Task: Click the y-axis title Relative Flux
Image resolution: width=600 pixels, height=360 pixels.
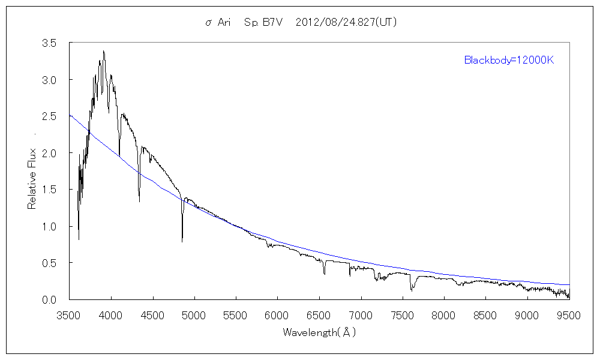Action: pyautogui.click(x=32, y=179)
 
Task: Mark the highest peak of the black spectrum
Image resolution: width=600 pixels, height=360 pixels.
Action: pyautogui.click(x=104, y=51)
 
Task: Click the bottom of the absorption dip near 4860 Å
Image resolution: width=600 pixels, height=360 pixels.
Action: pyautogui.click(x=182, y=241)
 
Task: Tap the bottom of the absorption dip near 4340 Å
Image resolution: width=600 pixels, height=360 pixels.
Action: pyautogui.click(x=139, y=202)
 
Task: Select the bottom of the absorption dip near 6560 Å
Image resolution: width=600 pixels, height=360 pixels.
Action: pyautogui.click(x=324, y=274)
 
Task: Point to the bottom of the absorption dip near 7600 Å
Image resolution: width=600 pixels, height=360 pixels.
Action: pyautogui.click(x=411, y=290)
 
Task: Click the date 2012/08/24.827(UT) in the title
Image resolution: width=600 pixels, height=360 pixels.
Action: pyautogui.click(x=347, y=23)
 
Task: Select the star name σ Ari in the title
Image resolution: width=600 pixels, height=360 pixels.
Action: pyautogui.click(x=218, y=23)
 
